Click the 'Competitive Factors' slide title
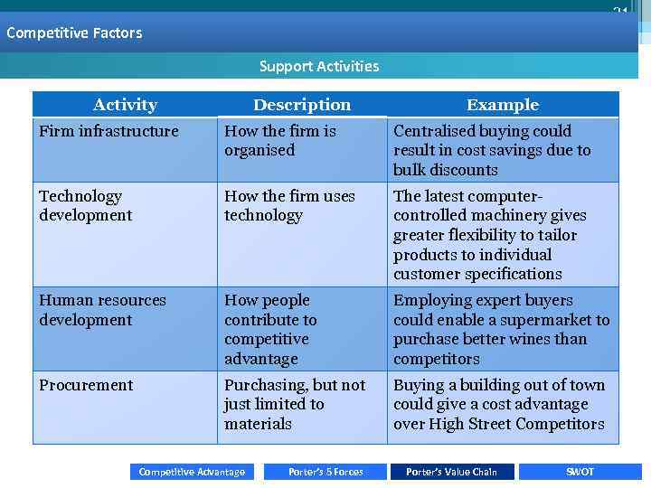[74, 33]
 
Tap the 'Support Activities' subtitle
[319, 66]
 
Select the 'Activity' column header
[125, 105]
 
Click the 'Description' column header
[302, 105]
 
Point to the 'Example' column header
[503, 105]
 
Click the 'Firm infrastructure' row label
[108, 132]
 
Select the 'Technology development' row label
[86, 206]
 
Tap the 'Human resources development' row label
[102, 310]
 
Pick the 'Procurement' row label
[86, 385]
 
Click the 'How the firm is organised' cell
[280, 141]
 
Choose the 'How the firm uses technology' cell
[289, 206]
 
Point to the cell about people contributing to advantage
[271, 330]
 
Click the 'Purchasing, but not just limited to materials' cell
[294, 404]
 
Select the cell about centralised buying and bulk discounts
[492, 150]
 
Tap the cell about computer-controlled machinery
[490, 235]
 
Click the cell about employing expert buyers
[501, 330]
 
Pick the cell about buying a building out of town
[499, 404]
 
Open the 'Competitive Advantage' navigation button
[192, 472]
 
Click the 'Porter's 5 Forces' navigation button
[325, 472]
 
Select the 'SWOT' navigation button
[580, 472]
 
